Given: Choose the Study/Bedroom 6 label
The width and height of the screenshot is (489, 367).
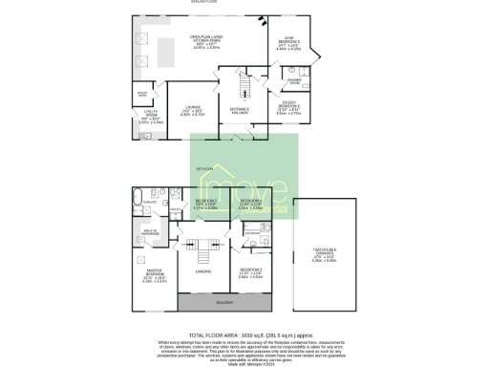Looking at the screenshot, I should (x=289, y=108).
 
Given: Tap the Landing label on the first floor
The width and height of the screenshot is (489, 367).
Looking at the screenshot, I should (x=202, y=273).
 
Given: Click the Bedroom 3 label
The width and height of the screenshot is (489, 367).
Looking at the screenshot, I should (x=250, y=273).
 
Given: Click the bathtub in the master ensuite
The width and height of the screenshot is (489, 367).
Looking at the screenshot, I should (x=149, y=203).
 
